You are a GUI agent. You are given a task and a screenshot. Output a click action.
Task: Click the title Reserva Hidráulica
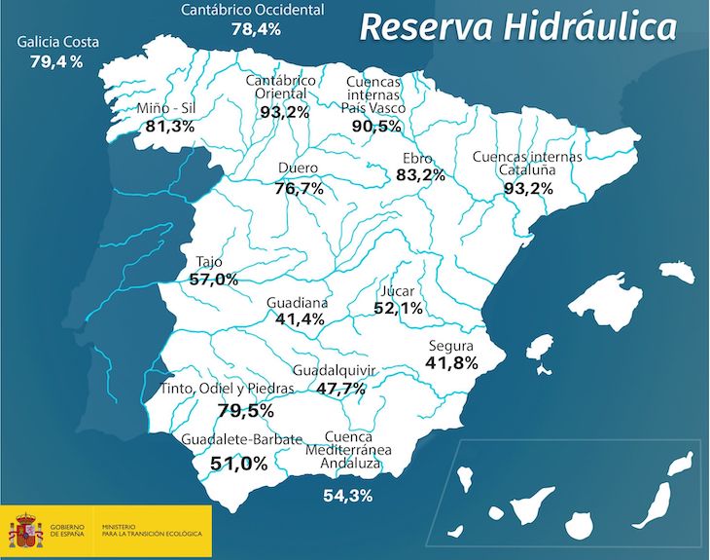click(516, 26)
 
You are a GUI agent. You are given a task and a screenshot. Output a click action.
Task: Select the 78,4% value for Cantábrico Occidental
click(256, 29)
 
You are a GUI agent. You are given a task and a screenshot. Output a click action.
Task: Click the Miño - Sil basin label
click(168, 107)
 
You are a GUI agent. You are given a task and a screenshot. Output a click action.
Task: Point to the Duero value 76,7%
click(299, 188)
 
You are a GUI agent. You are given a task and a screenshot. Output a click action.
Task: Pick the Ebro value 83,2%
click(420, 175)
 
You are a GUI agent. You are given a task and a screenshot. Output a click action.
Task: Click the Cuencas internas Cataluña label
click(527, 163)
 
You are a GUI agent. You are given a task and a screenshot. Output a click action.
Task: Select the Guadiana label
click(297, 303)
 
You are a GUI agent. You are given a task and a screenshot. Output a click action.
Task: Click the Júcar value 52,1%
click(398, 309)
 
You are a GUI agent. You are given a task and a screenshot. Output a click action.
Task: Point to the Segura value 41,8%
click(451, 363)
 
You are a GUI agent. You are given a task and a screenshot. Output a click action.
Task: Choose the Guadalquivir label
click(334, 370)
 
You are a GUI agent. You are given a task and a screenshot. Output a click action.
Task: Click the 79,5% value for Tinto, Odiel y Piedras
click(245, 410)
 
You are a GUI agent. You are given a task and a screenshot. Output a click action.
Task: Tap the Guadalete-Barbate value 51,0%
click(238, 464)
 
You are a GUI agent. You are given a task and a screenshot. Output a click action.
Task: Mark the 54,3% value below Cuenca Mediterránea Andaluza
click(347, 496)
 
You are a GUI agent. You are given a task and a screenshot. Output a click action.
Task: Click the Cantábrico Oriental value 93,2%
click(285, 112)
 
